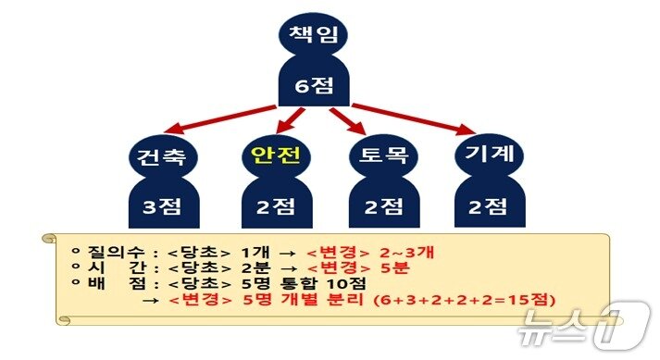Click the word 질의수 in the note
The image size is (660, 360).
(x=108, y=251)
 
